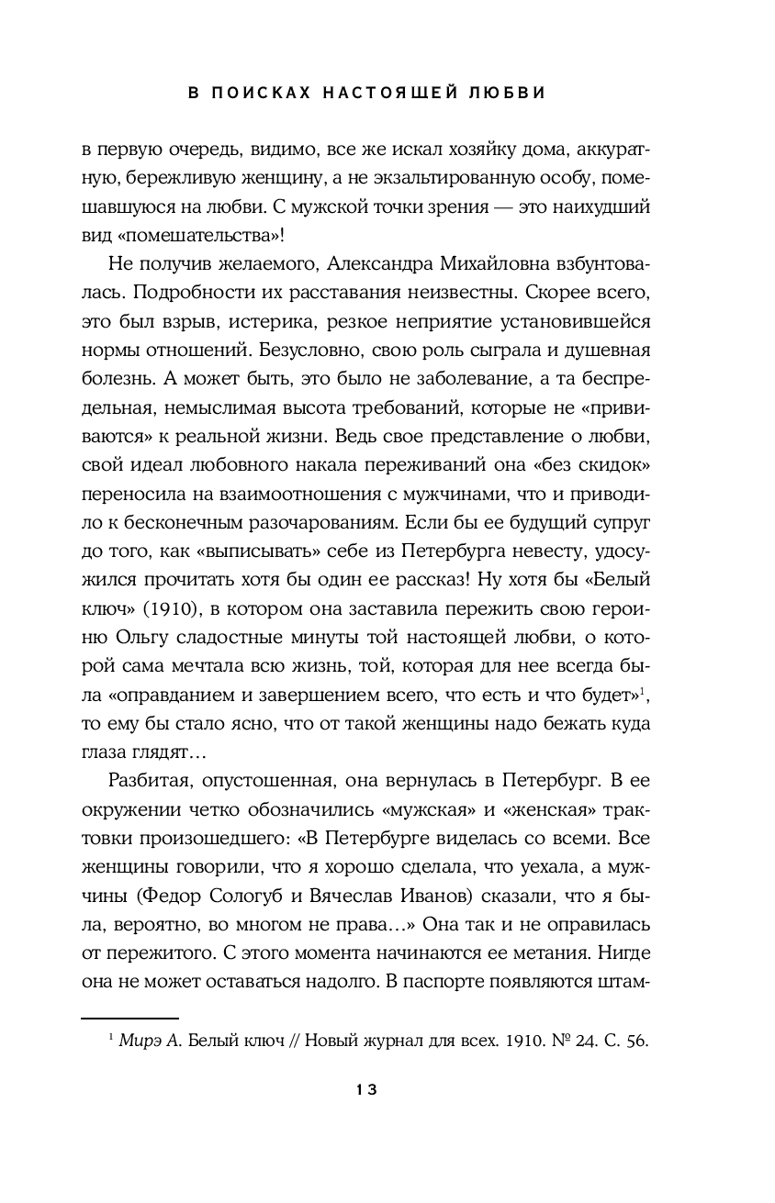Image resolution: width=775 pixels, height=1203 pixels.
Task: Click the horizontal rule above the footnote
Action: [129, 1018]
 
